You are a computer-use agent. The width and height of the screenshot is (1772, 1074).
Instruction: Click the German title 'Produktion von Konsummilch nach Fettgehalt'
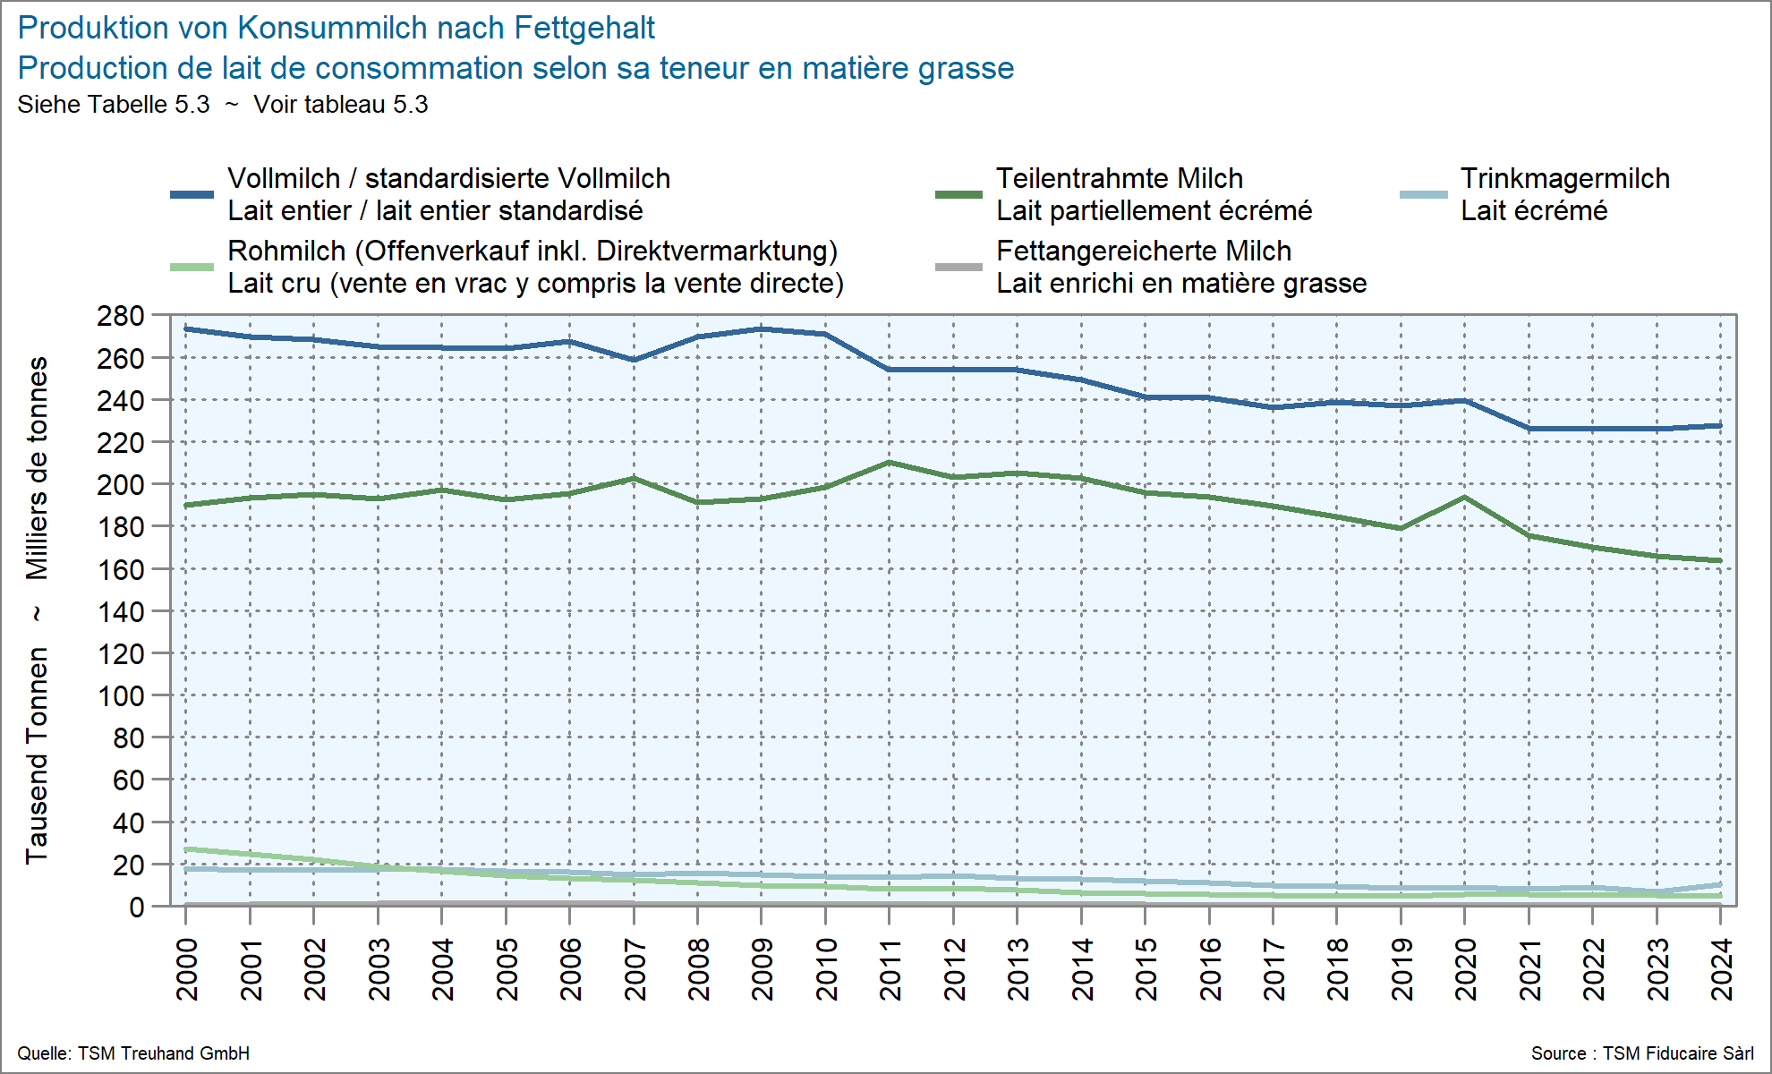click(336, 28)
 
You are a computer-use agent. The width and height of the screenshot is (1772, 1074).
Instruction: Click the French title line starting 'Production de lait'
click(515, 68)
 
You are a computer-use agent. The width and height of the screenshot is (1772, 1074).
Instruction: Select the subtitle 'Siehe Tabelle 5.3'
click(114, 105)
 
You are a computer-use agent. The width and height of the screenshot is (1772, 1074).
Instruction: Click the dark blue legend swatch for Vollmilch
click(192, 194)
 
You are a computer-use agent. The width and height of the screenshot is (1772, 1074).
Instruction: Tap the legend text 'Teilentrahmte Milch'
click(1119, 178)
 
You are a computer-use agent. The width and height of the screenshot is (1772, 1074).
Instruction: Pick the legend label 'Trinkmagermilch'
click(1564, 178)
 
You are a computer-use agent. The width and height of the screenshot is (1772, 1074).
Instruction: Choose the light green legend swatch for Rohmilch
click(192, 267)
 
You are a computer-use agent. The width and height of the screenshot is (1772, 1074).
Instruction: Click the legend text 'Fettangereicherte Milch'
click(1143, 251)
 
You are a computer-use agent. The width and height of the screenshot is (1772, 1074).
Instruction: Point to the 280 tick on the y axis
click(121, 316)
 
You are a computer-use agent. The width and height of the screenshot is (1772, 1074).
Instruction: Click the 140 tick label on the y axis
click(121, 612)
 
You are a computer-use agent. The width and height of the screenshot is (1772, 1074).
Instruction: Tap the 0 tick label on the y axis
click(136, 908)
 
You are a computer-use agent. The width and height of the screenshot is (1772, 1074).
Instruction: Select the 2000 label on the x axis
click(186, 968)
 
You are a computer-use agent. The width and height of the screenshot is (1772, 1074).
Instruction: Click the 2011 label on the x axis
click(890, 968)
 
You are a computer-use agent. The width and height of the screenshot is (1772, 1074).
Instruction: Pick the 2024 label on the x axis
click(1721, 968)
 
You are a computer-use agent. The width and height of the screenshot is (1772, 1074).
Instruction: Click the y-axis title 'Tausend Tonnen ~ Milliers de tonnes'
click(37, 610)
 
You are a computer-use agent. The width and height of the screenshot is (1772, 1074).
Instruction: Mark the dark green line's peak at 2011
click(889, 463)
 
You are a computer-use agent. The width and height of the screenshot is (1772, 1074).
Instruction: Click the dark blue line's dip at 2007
click(634, 360)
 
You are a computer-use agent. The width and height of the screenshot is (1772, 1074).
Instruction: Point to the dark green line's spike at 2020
click(1464, 498)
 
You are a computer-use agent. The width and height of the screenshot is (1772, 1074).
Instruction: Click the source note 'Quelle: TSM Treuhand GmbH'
click(133, 1053)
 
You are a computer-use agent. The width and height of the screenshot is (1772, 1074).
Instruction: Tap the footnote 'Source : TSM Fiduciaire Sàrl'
click(1641, 1053)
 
